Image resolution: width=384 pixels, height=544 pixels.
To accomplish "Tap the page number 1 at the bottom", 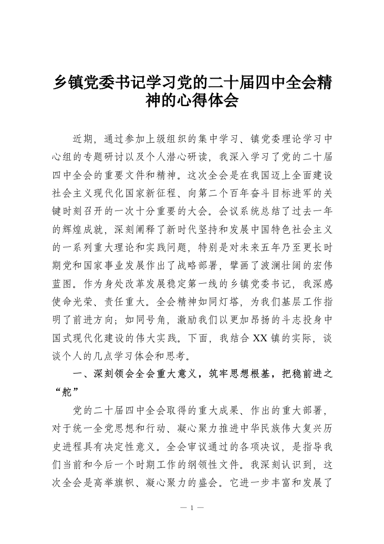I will coord(192,508).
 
